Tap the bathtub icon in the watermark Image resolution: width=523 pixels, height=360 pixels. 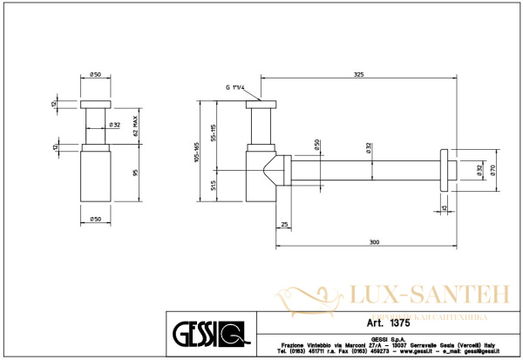308,298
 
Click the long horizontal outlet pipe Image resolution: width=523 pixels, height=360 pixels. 366,171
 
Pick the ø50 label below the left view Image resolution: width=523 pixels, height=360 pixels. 95,217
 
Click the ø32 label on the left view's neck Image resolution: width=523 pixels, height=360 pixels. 114,126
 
